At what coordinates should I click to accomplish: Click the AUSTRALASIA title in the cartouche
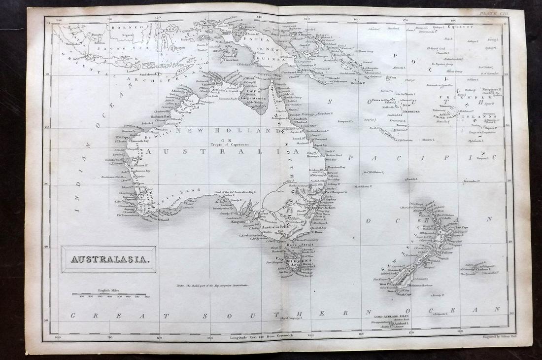point(109,259)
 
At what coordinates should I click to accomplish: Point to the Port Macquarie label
point(337,192)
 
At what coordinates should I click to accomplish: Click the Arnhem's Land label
point(228,90)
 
